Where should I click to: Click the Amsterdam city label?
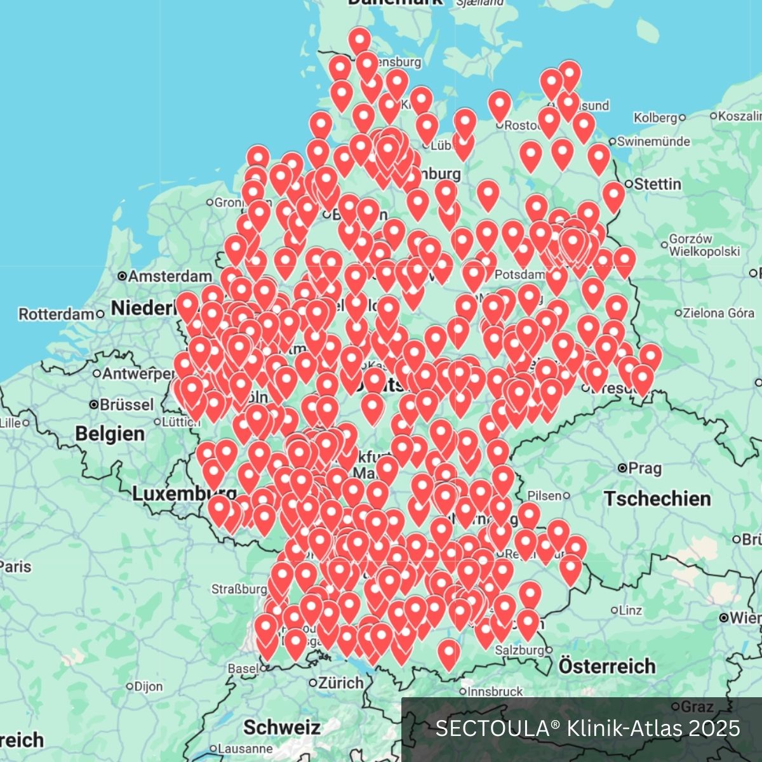170,276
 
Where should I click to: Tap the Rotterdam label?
57,314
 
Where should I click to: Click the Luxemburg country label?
184,493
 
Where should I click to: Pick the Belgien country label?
110,434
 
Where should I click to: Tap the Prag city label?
645,469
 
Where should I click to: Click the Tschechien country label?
657,498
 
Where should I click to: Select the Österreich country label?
607,666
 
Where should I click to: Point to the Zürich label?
341,683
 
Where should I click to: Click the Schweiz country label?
282,727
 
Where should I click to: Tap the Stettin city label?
657,184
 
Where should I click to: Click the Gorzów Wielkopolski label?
704,245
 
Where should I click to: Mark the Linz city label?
630,610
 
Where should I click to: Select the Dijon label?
149,686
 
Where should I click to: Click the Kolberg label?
656,117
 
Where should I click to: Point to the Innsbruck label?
495,692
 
